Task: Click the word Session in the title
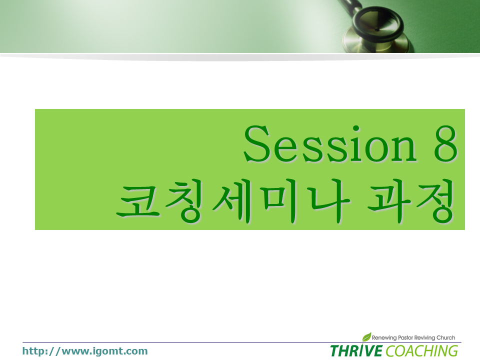330,143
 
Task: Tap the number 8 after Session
445,143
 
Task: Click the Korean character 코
138,202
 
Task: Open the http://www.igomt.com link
85,351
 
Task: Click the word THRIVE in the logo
356,350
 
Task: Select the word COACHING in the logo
422,351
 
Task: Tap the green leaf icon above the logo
366,336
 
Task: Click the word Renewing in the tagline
384,337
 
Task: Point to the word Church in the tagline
445,337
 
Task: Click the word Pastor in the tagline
405,337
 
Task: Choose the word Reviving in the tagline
424,337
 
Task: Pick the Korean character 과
389,201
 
